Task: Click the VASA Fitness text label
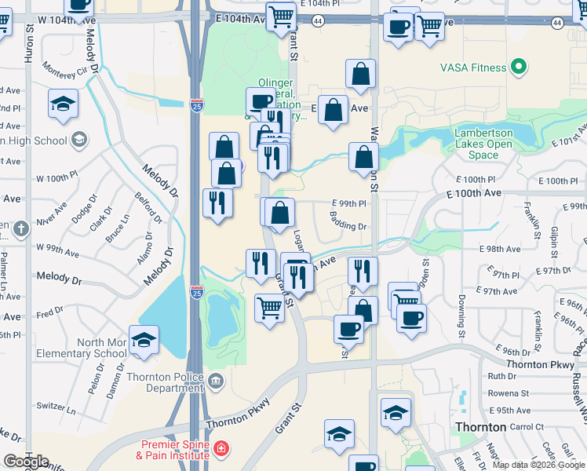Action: (473, 68)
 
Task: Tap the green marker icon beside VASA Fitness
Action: (518, 68)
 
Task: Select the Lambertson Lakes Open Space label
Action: (483, 144)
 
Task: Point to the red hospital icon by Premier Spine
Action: (222, 449)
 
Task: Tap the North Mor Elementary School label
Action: (103, 348)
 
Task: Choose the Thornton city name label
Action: (480, 427)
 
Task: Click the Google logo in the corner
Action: (26, 462)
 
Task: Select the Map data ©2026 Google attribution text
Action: (538, 465)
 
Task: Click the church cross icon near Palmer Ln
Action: (20, 229)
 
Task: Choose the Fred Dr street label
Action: (49, 313)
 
